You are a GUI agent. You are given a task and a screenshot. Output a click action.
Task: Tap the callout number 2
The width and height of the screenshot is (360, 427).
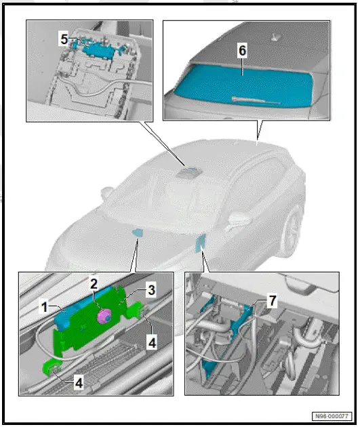click(94, 283)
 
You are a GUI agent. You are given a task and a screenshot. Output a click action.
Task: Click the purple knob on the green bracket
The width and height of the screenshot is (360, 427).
click(105, 316)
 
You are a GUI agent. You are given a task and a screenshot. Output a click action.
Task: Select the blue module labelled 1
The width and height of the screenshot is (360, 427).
click(65, 317)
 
